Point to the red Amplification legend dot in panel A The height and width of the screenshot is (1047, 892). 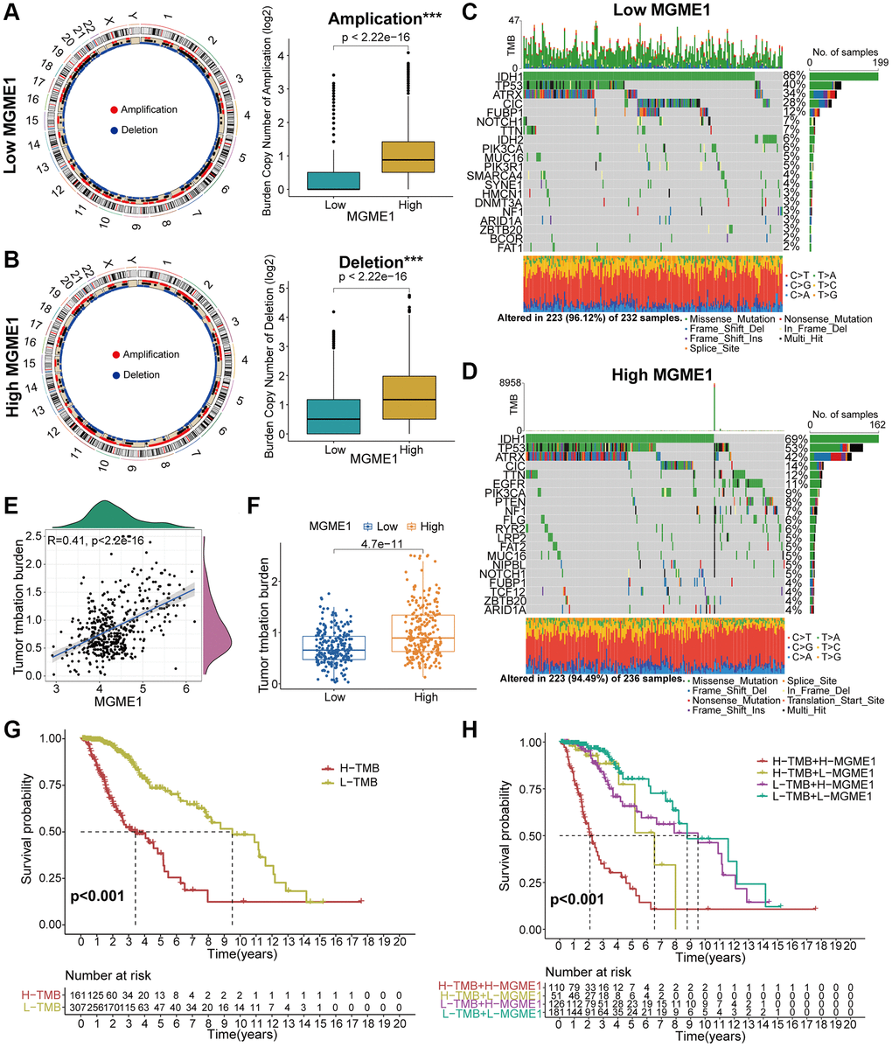[x=115, y=109]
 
